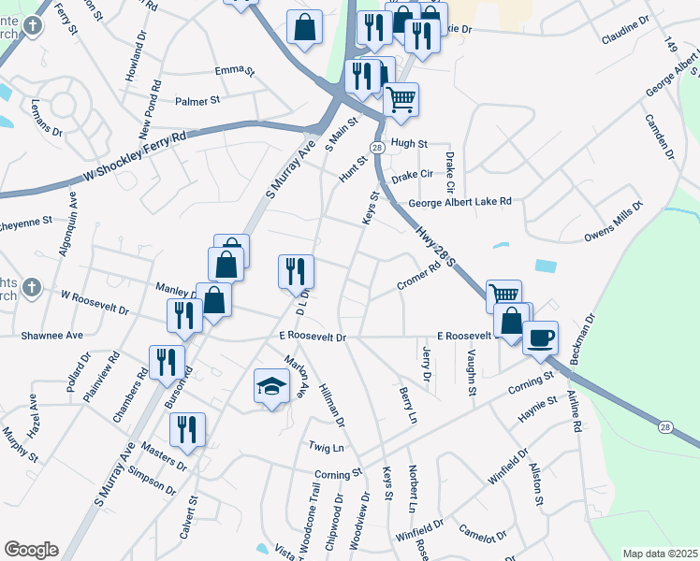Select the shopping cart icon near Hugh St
(401, 98)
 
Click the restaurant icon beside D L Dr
(296, 271)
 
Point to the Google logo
(31, 549)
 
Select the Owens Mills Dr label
(615, 221)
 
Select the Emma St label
(234, 70)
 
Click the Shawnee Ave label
(52, 335)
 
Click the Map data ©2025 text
(660, 554)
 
